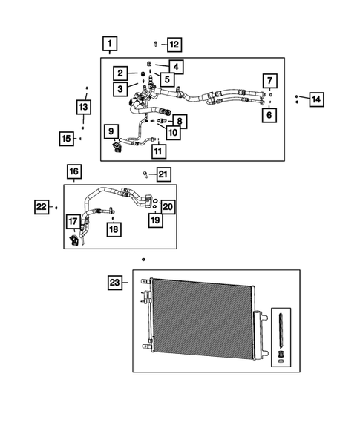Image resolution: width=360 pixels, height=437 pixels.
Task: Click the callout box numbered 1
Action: point(109,43)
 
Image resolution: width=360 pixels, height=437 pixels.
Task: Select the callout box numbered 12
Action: point(172,45)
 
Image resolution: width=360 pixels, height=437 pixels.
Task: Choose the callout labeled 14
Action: point(316,99)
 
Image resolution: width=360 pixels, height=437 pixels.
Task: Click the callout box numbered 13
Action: point(83,108)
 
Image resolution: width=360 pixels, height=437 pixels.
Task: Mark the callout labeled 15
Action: point(67,138)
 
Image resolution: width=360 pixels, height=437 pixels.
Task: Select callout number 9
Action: point(111,133)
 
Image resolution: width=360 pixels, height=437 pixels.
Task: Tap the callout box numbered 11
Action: point(157,151)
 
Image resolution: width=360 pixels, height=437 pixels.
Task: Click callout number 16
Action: point(73,173)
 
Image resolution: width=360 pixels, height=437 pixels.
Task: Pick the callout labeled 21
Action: point(163,175)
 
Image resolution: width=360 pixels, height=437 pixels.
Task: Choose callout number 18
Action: point(113,230)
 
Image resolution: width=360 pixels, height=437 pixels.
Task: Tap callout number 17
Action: point(73,221)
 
